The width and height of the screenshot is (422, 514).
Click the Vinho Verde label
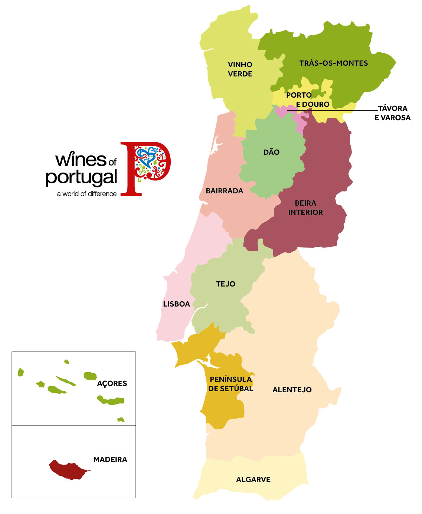(x=240, y=69)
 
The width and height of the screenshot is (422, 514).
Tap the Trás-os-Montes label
(x=333, y=63)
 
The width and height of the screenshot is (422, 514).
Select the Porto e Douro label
(x=307, y=100)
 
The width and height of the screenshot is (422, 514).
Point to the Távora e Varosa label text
(x=392, y=113)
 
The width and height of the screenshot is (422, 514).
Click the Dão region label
(x=271, y=152)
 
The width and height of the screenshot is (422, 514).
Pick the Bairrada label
(x=224, y=191)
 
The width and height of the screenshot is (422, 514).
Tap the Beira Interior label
(x=305, y=208)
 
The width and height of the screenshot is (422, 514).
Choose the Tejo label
(x=225, y=284)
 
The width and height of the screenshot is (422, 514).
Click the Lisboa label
(x=176, y=304)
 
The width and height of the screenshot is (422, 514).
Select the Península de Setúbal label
(x=230, y=384)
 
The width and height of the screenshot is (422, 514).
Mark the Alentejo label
(x=292, y=390)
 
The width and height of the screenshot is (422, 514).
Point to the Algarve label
(x=253, y=479)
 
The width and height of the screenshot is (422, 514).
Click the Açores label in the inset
(x=112, y=383)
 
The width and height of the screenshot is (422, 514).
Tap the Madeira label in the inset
(x=110, y=459)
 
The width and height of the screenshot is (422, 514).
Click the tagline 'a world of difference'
(x=86, y=194)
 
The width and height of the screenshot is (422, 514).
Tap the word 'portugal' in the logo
(x=81, y=178)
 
